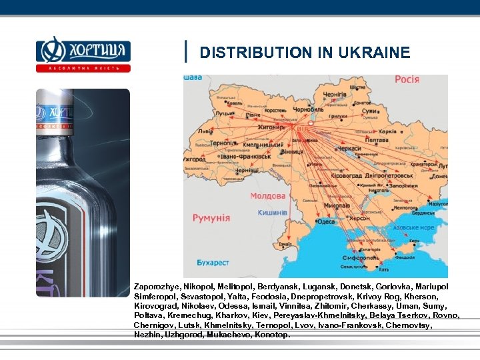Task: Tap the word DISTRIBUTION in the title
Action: pyautogui.click(x=253, y=53)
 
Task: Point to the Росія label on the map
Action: pyautogui.click(x=407, y=79)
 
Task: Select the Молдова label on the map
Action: pyautogui.click(x=267, y=196)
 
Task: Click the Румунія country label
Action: pyautogui.click(x=211, y=218)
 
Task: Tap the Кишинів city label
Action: pyautogui.click(x=272, y=213)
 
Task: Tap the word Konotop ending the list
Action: pyautogui.click(x=272, y=335)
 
